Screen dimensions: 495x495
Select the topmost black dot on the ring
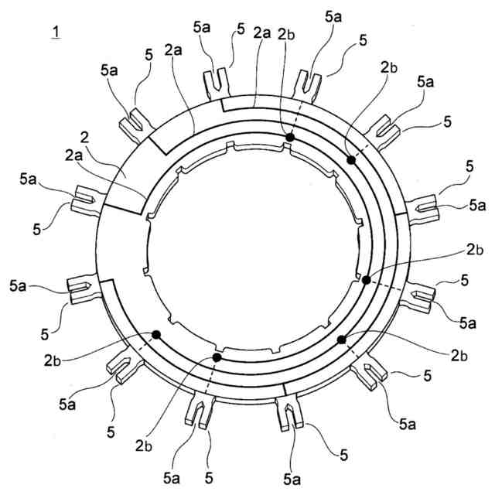(289, 138)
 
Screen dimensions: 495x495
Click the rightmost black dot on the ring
(366, 279)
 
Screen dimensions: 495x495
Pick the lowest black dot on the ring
(217, 358)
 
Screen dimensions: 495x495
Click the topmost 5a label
(332, 15)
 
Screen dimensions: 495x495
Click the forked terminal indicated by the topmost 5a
(309, 80)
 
